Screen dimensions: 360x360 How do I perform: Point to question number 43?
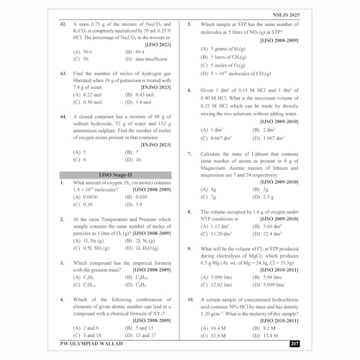63,74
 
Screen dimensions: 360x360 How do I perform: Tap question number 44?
63,114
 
